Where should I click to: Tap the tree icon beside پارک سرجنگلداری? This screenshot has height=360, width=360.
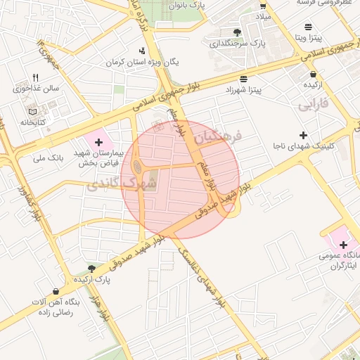[237, 32]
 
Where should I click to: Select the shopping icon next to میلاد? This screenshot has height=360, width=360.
[262, 4]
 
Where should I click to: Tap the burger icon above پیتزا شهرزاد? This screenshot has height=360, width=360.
[243, 79]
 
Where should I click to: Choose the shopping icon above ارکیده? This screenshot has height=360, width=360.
[313, 74]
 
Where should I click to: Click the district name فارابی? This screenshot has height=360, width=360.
[313, 106]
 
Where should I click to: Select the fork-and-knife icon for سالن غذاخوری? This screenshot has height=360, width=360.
[35, 78]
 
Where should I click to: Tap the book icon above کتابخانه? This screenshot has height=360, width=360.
[32, 112]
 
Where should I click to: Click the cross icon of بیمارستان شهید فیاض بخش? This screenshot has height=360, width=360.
[98, 142]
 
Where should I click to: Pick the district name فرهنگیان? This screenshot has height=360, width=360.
[219, 136]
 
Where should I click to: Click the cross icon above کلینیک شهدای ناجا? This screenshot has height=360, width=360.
[303, 135]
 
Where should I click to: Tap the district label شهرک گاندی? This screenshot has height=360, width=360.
[111, 184]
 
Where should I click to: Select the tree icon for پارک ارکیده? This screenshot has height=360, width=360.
[91, 268]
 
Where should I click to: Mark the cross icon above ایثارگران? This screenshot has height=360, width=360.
[343, 245]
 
